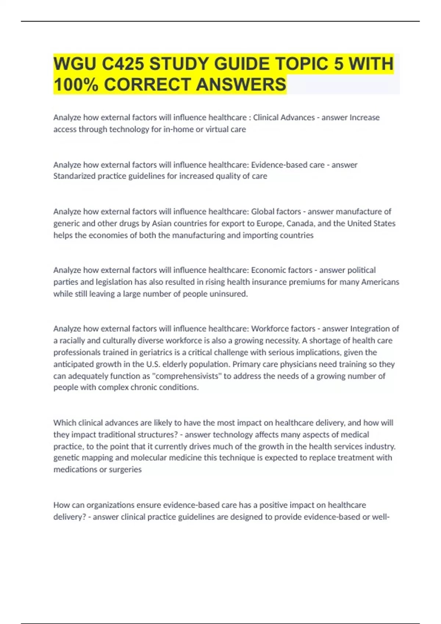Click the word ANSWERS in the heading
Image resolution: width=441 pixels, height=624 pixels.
coord(241,84)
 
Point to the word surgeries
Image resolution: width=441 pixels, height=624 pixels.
coord(125,469)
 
